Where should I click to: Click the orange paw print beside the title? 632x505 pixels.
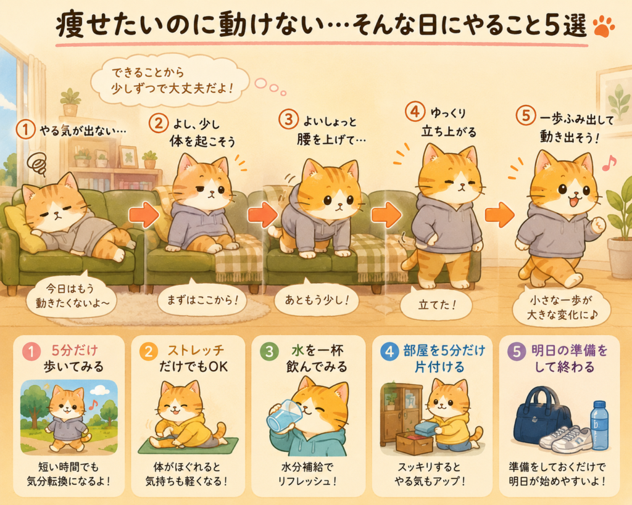pyautogui.click(x=604, y=26)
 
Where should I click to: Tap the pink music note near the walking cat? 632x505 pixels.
pyautogui.click(x=609, y=163)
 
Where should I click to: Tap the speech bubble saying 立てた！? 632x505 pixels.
pyautogui.click(x=436, y=305)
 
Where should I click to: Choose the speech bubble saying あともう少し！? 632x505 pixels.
pyautogui.click(x=317, y=300)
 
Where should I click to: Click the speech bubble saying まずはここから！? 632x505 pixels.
pyautogui.click(x=202, y=300)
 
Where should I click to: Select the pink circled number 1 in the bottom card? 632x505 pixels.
pyautogui.click(x=31, y=351)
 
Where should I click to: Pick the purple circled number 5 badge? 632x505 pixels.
pyautogui.click(x=517, y=351)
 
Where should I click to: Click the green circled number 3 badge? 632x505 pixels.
pyautogui.click(x=269, y=351)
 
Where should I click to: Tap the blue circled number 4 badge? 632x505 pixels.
pyautogui.click(x=389, y=351)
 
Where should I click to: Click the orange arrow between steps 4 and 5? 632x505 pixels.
pyautogui.click(x=499, y=214)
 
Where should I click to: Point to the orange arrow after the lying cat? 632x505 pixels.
pyautogui.click(x=144, y=214)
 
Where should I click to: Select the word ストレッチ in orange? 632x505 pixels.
pyautogui.click(x=196, y=350)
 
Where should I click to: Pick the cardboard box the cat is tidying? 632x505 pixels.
pyautogui.click(x=414, y=443)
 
